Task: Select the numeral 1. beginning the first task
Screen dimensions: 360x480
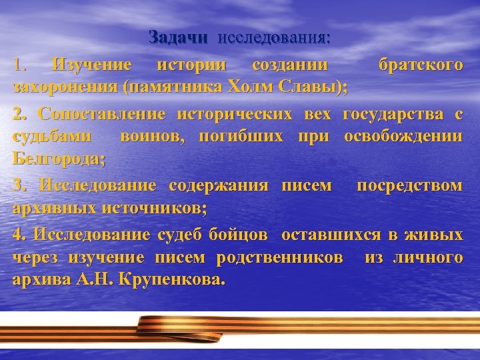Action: click(x=21, y=66)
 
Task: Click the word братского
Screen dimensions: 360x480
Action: click(x=419, y=66)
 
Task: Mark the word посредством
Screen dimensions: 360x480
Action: click(x=409, y=185)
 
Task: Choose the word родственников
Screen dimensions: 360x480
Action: click(x=285, y=257)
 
